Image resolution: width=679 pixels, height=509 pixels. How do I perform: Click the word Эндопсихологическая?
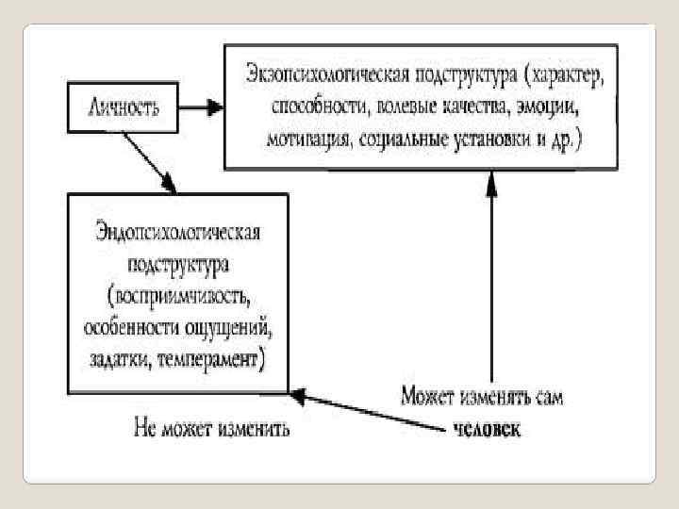pyautogui.click(x=177, y=231)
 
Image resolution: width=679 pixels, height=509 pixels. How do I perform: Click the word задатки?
pyautogui.click(x=122, y=361)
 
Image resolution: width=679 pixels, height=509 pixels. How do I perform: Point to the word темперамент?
pyautogui.click(x=208, y=361)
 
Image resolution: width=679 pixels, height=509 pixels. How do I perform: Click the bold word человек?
pyautogui.click(x=486, y=430)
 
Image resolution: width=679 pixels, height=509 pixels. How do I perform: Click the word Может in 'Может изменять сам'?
pyautogui.click(x=428, y=397)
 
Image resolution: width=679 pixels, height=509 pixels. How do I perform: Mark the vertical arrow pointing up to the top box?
pyautogui.click(x=489, y=273)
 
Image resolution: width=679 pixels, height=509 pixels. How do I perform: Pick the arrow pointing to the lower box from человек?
pyautogui.click(x=368, y=412)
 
